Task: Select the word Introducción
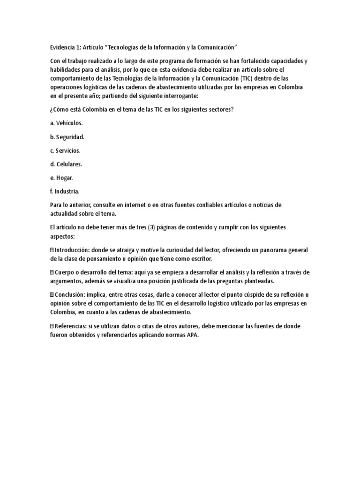[x=72, y=250]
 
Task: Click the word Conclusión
[x=70, y=295]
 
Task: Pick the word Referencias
[x=71, y=326]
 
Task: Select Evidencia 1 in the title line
[x=66, y=47]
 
